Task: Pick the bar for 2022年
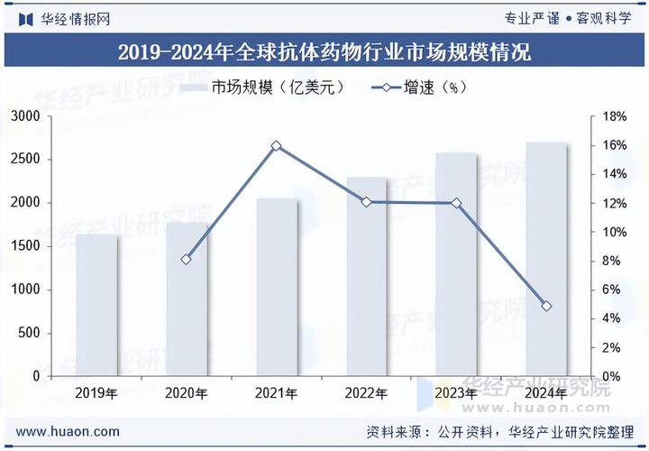367,276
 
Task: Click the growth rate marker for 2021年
277,145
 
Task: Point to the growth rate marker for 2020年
187,260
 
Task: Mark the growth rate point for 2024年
546,307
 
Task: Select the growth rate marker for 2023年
456,203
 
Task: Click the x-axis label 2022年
367,393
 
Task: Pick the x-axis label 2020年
187,393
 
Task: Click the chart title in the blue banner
324,51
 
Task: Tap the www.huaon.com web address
68,431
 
